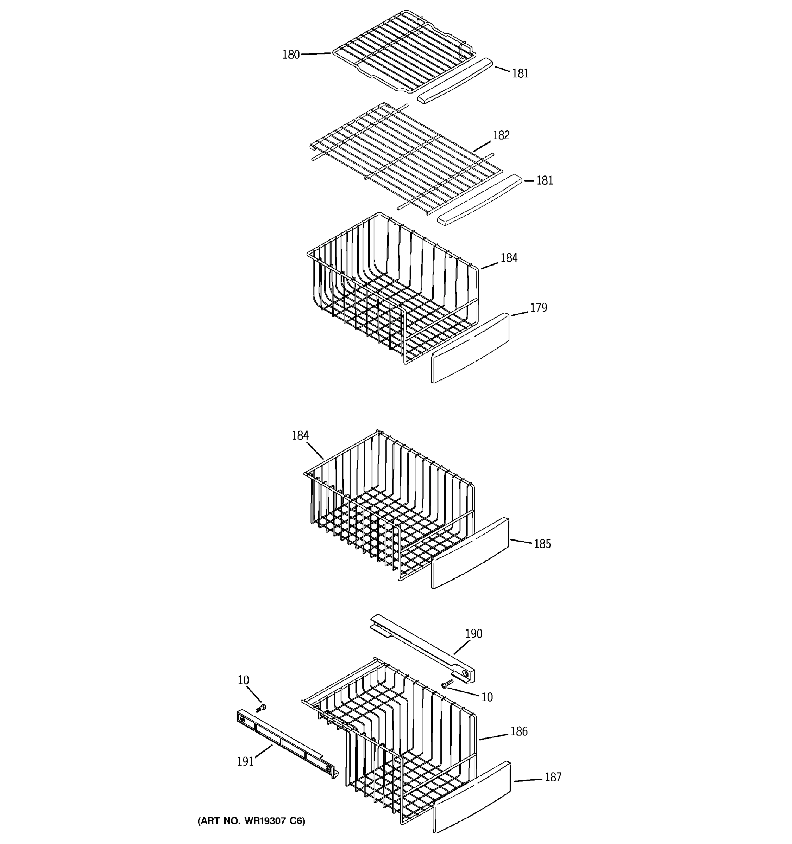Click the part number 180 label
click(x=291, y=55)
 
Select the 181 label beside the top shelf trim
click(x=520, y=73)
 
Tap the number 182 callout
click(x=501, y=135)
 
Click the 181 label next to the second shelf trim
click(x=544, y=180)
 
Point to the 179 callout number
click(x=538, y=307)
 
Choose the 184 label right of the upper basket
click(x=509, y=258)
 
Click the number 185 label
click(x=542, y=544)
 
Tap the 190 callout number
click(x=473, y=633)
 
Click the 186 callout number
click(x=519, y=731)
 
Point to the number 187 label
click(x=553, y=777)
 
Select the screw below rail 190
click(x=446, y=684)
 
